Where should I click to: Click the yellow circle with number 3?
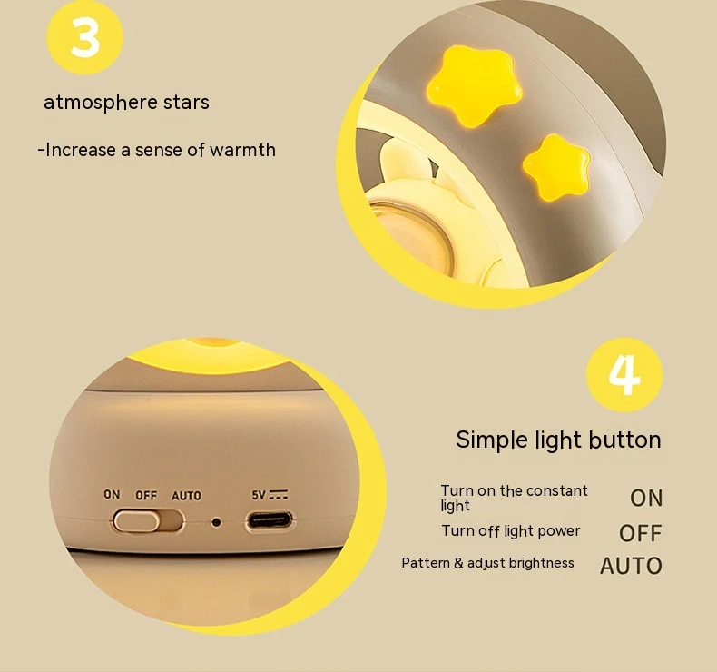85,36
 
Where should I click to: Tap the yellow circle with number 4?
624,375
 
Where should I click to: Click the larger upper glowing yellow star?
474,85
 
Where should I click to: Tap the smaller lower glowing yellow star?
556,167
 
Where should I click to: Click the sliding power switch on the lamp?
148,521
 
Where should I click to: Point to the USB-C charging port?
270,520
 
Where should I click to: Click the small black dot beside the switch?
216,522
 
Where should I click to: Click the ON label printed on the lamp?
112,495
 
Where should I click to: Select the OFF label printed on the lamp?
146,496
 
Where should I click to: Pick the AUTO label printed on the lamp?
186,496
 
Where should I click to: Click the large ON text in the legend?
646,499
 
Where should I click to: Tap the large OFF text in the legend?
640,533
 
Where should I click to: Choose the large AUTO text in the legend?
631,566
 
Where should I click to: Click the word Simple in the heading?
492,440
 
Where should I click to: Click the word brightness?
542,563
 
